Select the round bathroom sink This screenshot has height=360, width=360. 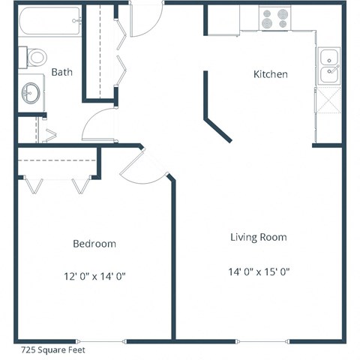tap(31, 94)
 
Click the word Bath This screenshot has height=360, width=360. tap(61, 72)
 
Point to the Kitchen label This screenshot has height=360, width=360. tap(270, 74)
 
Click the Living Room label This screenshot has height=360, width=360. tap(258, 237)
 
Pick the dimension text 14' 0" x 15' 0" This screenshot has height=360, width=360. tap(258, 271)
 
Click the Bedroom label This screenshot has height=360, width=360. tap(94, 244)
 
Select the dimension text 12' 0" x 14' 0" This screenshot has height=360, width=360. tap(94, 276)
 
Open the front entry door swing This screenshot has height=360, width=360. tap(145, 21)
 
